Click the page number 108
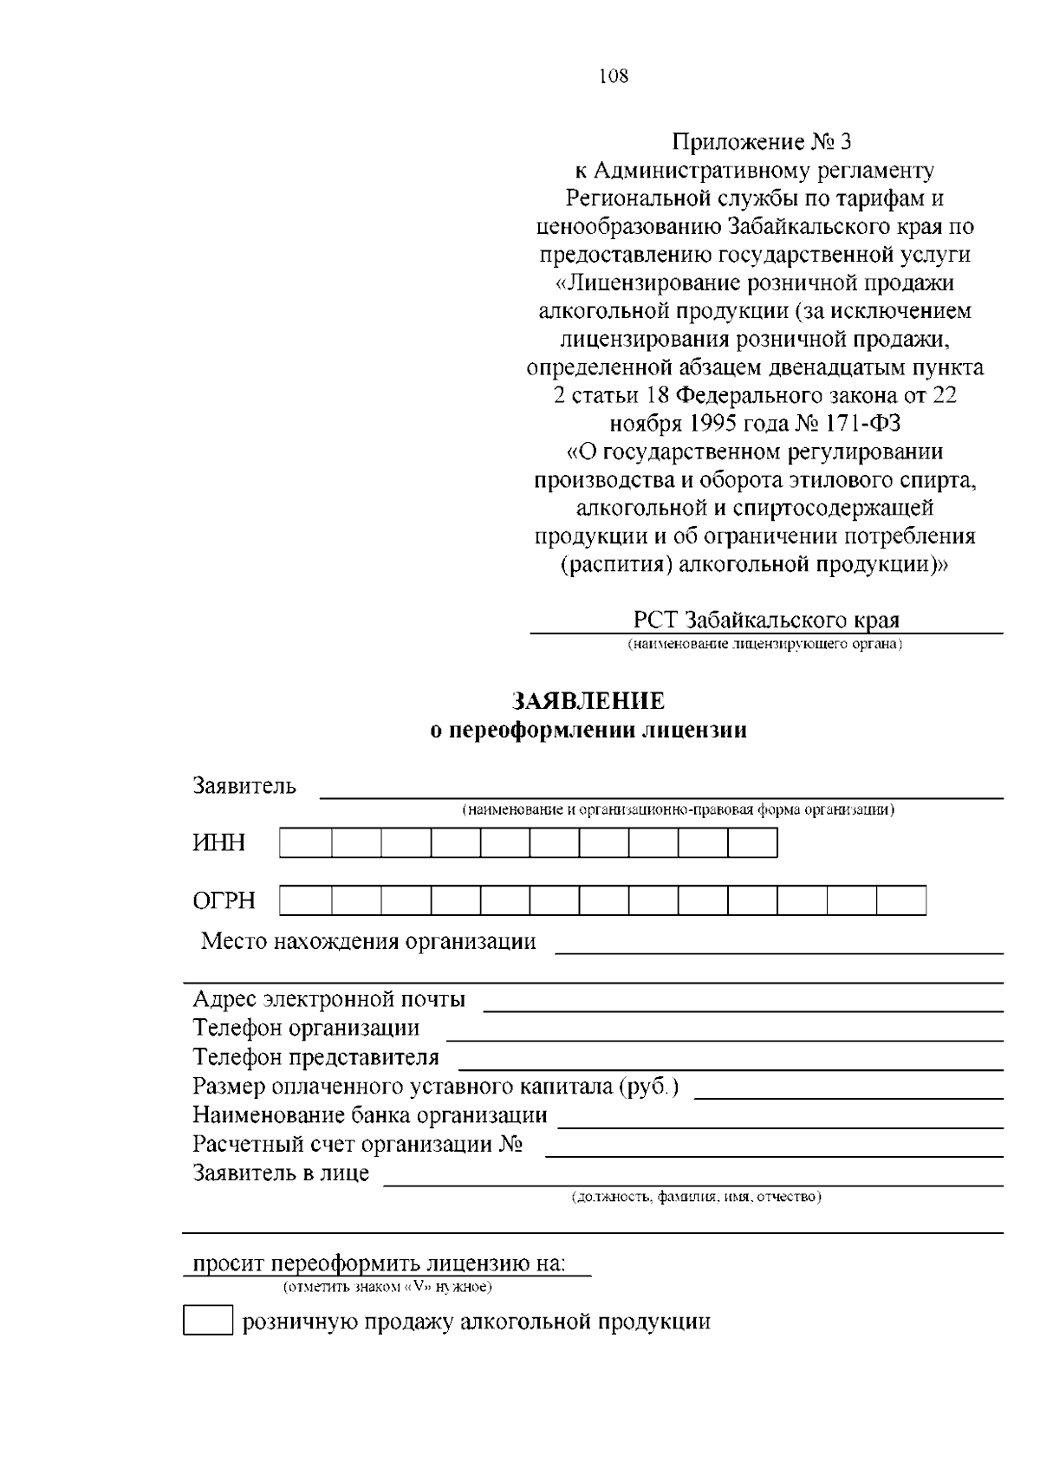pyautogui.click(x=613, y=76)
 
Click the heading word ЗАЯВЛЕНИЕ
pyautogui.click(x=588, y=701)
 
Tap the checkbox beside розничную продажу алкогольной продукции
pyautogui.click(x=208, y=1321)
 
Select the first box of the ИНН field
pyautogui.click(x=305, y=843)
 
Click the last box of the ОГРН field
pyautogui.click(x=901, y=900)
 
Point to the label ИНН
pyautogui.click(x=218, y=843)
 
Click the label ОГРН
pyautogui.click(x=224, y=900)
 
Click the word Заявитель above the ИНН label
pyautogui.click(x=244, y=786)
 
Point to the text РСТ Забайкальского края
pyautogui.click(x=766, y=620)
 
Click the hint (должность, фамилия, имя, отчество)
pyautogui.click(x=696, y=1197)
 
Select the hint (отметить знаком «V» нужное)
pyautogui.click(x=387, y=1287)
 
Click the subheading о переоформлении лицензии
pyautogui.click(x=588, y=731)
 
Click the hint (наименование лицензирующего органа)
pyautogui.click(x=765, y=644)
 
